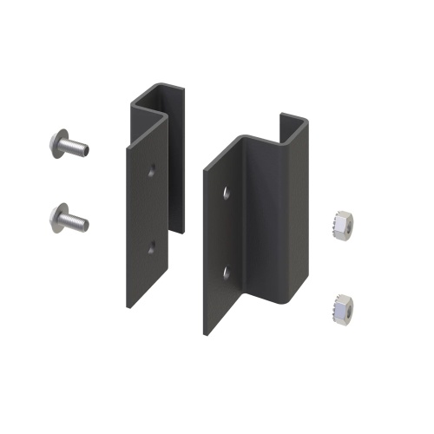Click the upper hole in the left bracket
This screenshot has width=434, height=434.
point(153,168)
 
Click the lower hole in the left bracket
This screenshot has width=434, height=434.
point(151,248)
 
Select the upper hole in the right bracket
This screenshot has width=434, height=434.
point(227,191)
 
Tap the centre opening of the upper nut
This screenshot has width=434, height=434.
point(341,219)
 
